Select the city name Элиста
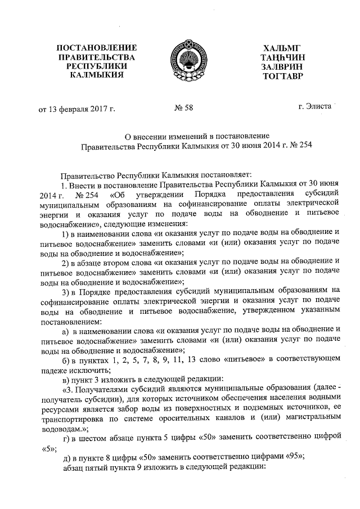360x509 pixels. click(x=318, y=106)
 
